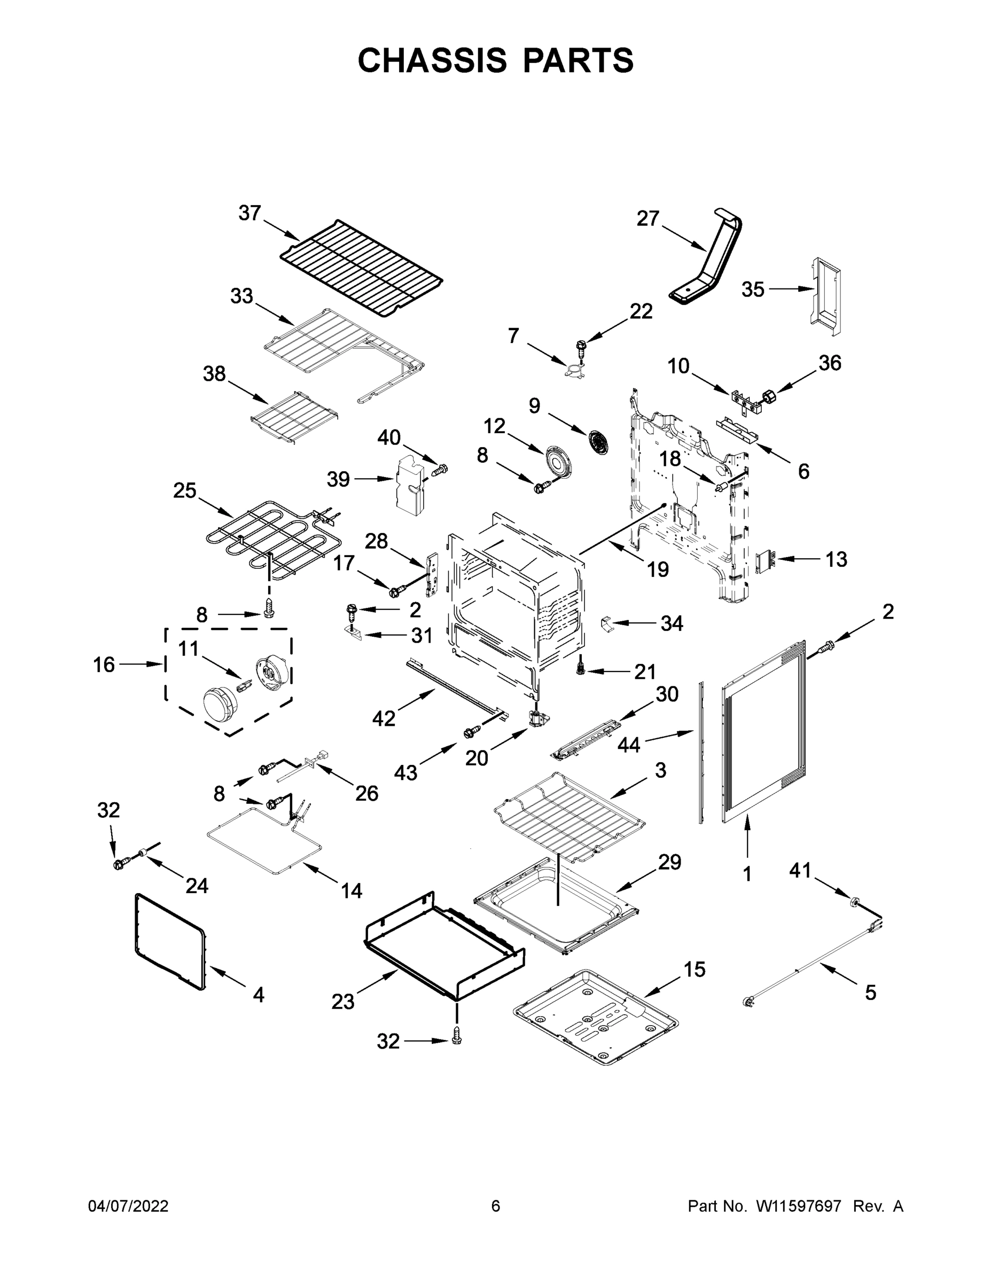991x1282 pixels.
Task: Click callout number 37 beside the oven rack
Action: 249,213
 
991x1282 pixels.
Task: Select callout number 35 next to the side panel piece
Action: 753,289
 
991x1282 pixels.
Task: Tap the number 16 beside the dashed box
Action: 104,665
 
